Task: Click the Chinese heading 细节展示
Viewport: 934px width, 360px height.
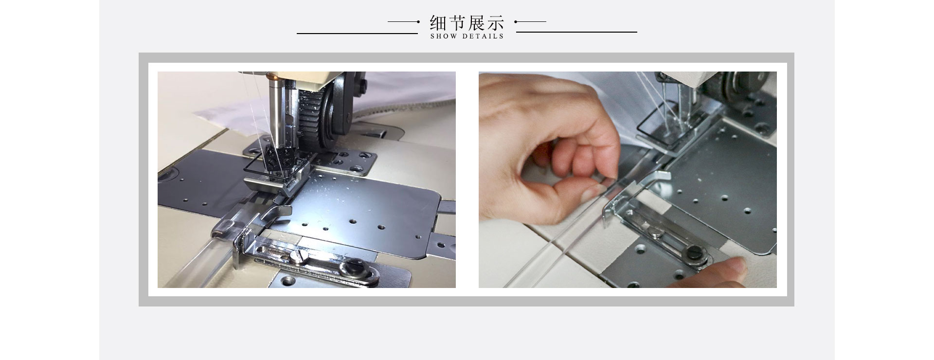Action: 467,22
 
